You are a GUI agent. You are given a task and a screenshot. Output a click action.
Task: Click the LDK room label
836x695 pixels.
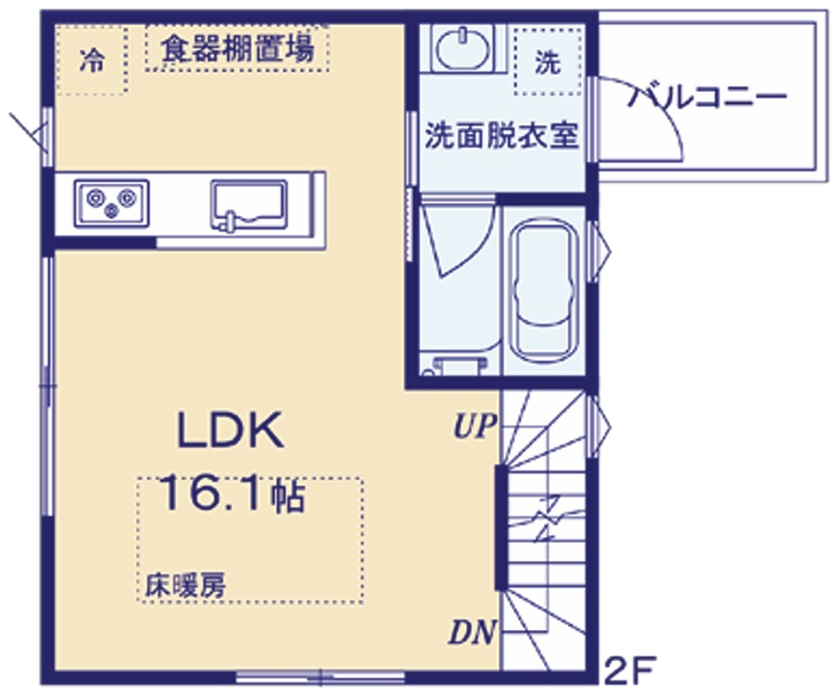[229, 430]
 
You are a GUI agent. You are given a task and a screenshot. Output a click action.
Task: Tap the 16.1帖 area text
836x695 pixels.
[232, 494]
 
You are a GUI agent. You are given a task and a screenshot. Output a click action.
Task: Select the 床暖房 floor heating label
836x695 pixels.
[186, 585]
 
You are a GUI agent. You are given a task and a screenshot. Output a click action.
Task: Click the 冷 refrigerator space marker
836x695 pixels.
[92, 60]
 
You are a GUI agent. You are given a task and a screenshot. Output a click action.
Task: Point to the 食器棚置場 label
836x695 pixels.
[237, 48]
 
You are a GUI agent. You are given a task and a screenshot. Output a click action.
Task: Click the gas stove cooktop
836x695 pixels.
[111, 203]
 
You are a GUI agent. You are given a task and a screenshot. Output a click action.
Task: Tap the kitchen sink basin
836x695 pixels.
[249, 205]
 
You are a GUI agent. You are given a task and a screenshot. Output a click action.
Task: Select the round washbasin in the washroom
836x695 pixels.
[462, 48]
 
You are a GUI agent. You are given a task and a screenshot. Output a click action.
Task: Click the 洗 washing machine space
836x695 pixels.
[547, 62]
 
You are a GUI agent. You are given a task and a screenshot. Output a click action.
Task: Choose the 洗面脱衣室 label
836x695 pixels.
[502, 137]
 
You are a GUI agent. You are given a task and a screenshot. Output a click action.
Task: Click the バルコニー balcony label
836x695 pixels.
[707, 98]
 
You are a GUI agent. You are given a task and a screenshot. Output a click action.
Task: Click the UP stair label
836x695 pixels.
[474, 426]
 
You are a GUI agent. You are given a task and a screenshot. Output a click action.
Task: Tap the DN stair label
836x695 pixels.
[472, 632]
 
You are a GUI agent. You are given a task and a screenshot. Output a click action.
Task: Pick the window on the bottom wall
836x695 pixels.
[320, 678]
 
